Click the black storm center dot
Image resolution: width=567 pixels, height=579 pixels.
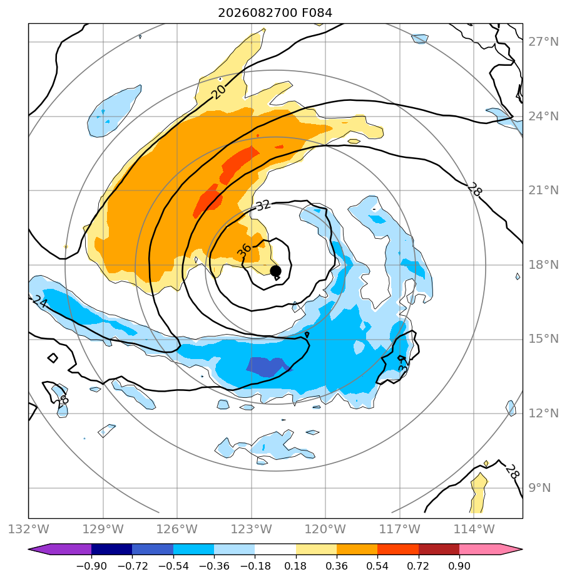pyautogui.click(x=275, y=271)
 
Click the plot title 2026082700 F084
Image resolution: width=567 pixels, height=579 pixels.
pyautogui.click(x=275, y=13)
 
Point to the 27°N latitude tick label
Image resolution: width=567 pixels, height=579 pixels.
pyautogui.click(x=543, y=42)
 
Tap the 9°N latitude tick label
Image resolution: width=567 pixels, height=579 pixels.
pyautogui.click(x=539, y=488)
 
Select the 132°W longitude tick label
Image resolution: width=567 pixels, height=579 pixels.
pyautogui.click(x=28, y=529)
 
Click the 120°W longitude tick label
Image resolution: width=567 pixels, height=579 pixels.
pyautogui.click(x=325, y=529)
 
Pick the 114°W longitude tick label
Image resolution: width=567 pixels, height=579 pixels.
pyautogui.click(x=474, y=529)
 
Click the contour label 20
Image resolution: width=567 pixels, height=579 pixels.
pyautogui.click(x=219, y=91)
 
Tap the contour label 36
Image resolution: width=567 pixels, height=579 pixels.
pyautogui.click(x=244, y=251)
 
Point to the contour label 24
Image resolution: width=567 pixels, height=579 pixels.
pyautogui.click(x=40, y=301)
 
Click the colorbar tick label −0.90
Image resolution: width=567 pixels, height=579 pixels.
pyautogui.click(x=91, y=566)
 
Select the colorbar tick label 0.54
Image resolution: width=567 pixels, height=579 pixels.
pyautogui.click(x=377, y=566)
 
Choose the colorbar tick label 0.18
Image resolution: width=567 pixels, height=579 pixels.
pyautogui.click(x=295, y=566)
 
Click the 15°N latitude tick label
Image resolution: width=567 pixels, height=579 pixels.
pyautogui.click(x=543, y=338)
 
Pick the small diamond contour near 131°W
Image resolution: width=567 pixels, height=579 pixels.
pyautogui.click(x=53, y=358)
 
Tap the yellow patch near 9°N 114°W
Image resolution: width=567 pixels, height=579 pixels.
pyautogui.click(x=478, y=493)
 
